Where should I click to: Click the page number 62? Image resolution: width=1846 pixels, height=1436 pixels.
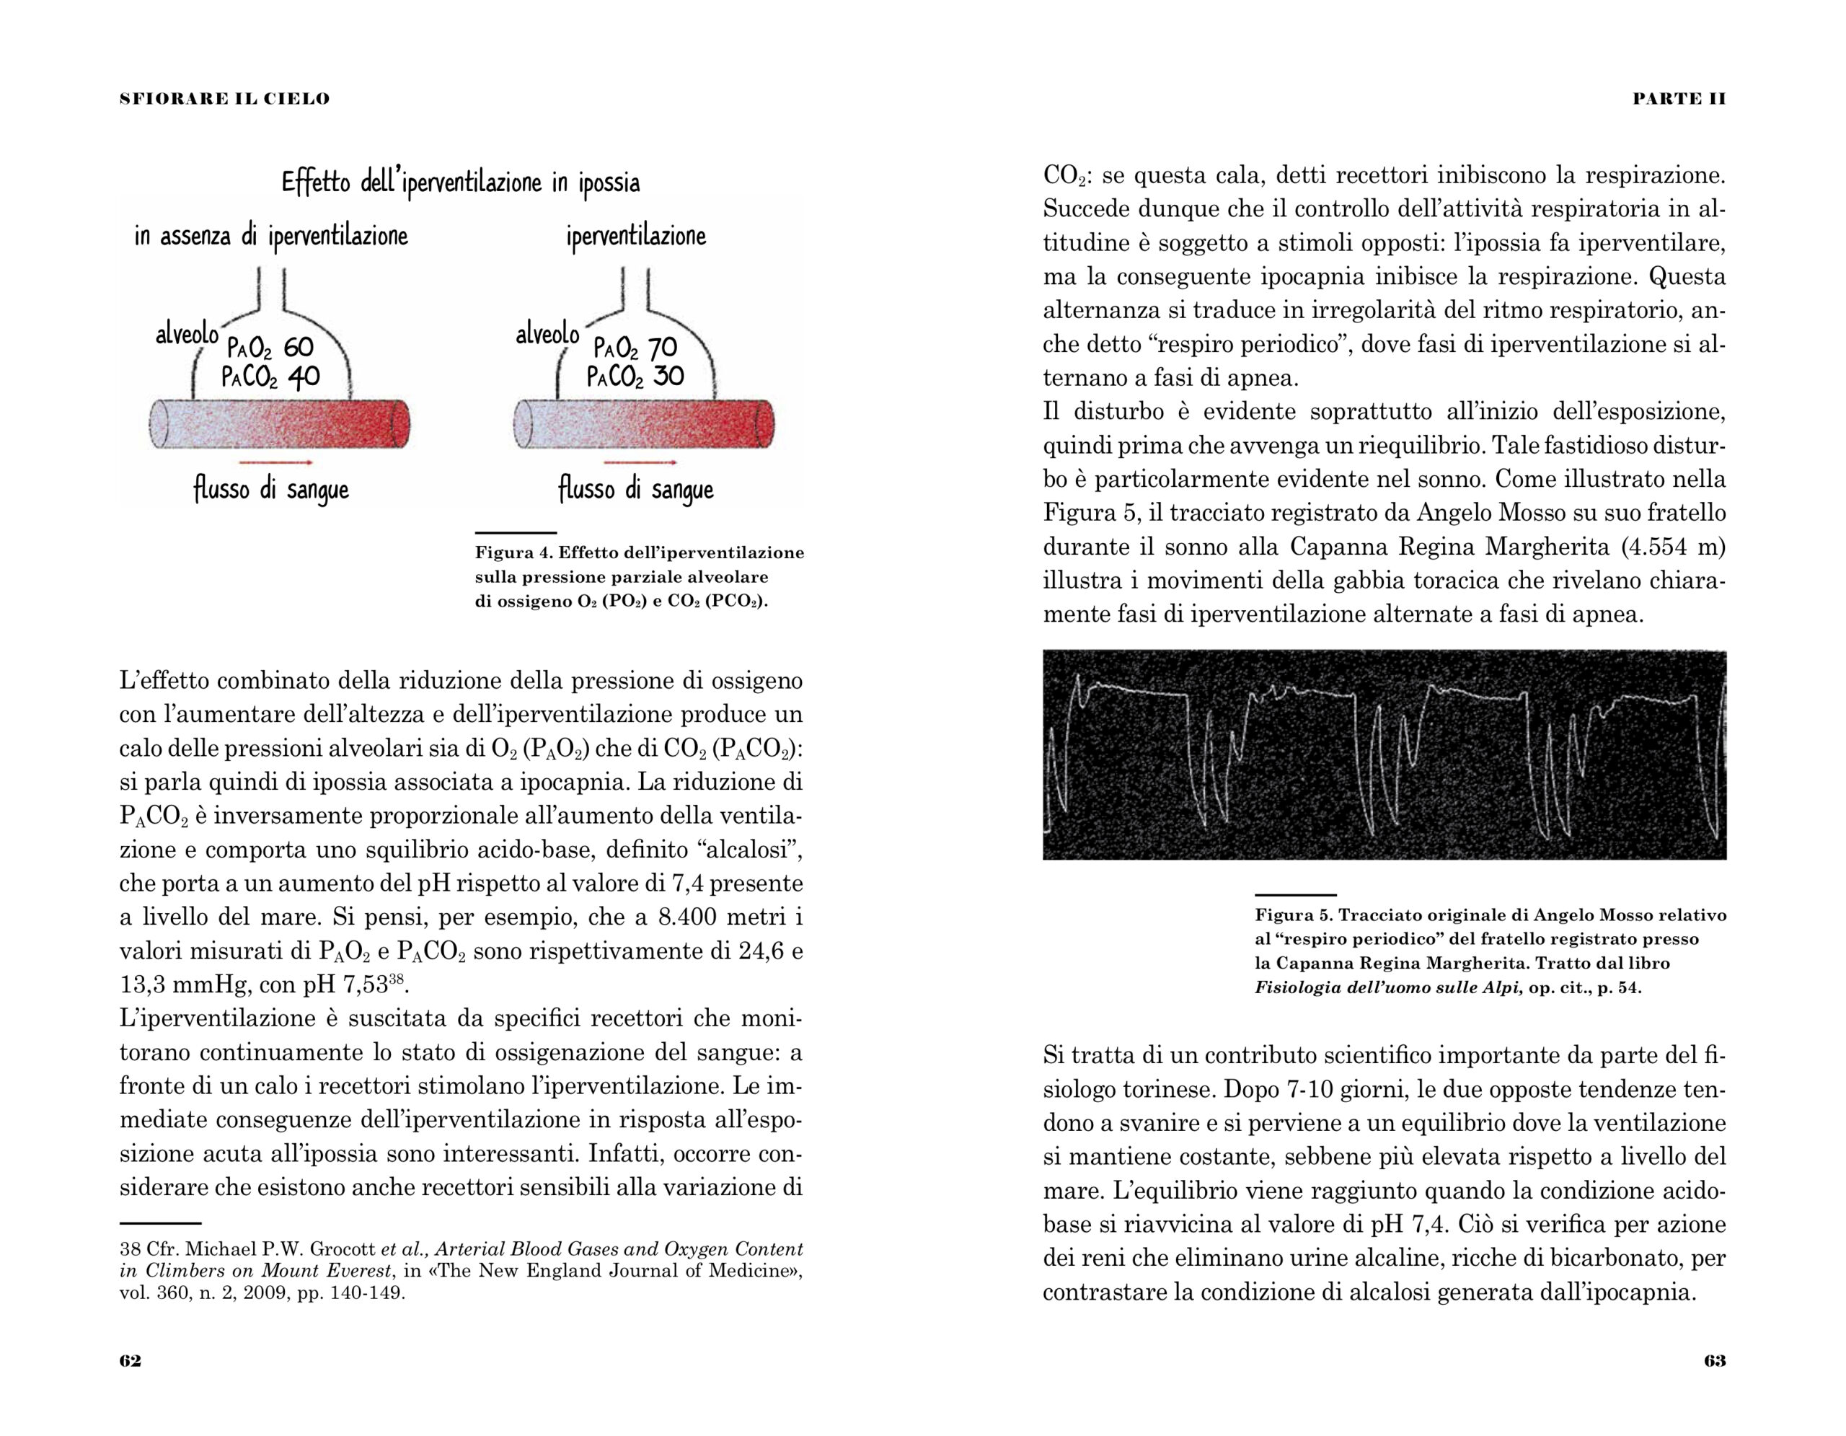pyautogui.click(x=131, y=1361)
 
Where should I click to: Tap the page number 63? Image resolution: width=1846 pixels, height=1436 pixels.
pyautogui.click(x=1715, y=1361)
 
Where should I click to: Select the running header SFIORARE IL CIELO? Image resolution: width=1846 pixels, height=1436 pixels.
pyautogui.click(x=225, y=99)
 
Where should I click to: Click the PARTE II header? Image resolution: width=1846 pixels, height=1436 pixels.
pyautogui.click(x=1679, y=99)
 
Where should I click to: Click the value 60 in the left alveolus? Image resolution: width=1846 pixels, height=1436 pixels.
pyautogui.click(x=299, y=348)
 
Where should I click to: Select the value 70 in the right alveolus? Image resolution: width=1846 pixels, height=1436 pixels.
pyautogui.click(x=663, y=348)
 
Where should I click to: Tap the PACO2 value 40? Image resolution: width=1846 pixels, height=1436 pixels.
pyautogui.click(x=304, y=376)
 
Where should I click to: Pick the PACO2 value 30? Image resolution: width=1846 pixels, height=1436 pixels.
pyautogui.click(x=668, y=375)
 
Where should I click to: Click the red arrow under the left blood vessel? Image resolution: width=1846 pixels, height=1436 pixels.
pyautogui.click(x=275, y=462)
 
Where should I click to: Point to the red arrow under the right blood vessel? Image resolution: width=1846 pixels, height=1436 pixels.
pyautogui.click(x=640, y=462)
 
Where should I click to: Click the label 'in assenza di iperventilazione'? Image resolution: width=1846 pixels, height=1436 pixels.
pyautogui.click(x=271, y=236)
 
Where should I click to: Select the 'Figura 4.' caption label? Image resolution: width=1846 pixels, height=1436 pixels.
pyautogui.click(x=513, y=552)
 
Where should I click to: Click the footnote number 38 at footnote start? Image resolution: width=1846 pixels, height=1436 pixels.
pyautogui.click(x=131, y=1249)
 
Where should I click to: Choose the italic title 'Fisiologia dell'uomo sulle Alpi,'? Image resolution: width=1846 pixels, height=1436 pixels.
pyautogui.click(x=1389, y=987)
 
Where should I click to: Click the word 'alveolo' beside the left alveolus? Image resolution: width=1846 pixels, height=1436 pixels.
pyautogui.click(x=187, y=335)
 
